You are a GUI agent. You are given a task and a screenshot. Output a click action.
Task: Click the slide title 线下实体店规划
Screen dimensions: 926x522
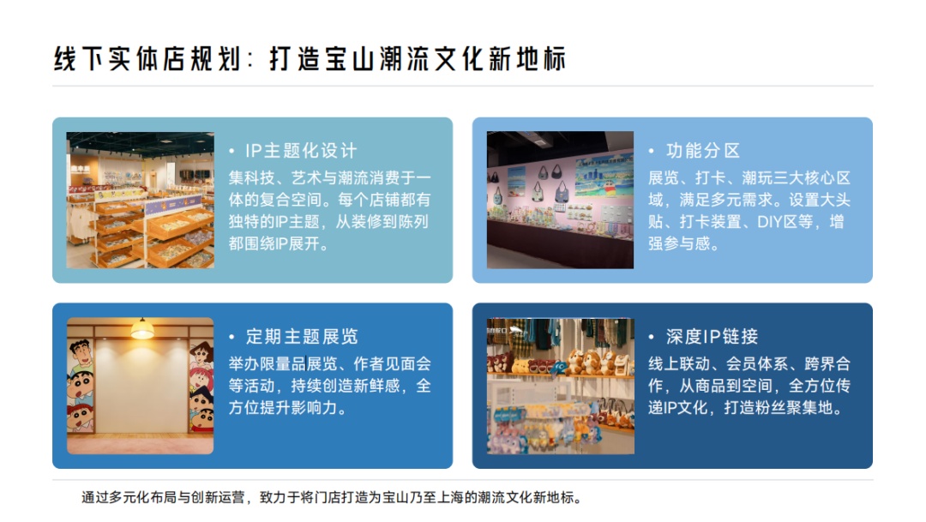tap(147, 59)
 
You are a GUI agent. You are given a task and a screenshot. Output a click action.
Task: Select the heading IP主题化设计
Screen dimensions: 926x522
tap(301, 151)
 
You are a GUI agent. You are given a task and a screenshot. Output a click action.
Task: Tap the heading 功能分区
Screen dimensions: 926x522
tap(703, 151)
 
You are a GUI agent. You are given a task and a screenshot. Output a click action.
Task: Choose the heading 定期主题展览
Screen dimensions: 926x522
tap(302, 337)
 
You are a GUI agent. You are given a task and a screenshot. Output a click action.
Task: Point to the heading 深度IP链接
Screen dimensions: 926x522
tap(712, 337)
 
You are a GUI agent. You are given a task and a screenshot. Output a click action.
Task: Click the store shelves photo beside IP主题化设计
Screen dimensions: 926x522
tap(141, 201)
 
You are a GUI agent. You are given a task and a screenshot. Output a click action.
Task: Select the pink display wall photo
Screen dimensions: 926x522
tap(560, 201)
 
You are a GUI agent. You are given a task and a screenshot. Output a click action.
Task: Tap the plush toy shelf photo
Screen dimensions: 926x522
tap(561, 387)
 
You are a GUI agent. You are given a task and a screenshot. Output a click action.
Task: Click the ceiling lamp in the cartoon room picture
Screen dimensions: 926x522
tap(141, 329)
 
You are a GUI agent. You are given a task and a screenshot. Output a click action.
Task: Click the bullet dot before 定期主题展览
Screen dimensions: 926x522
tap(232, 337)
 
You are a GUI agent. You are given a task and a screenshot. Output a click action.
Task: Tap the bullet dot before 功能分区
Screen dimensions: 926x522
tap(652, 151)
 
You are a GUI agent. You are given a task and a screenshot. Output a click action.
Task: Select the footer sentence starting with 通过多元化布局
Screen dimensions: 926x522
tap(331, 498)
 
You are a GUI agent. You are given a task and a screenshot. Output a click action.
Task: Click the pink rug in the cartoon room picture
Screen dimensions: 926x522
tap(141, 444)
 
